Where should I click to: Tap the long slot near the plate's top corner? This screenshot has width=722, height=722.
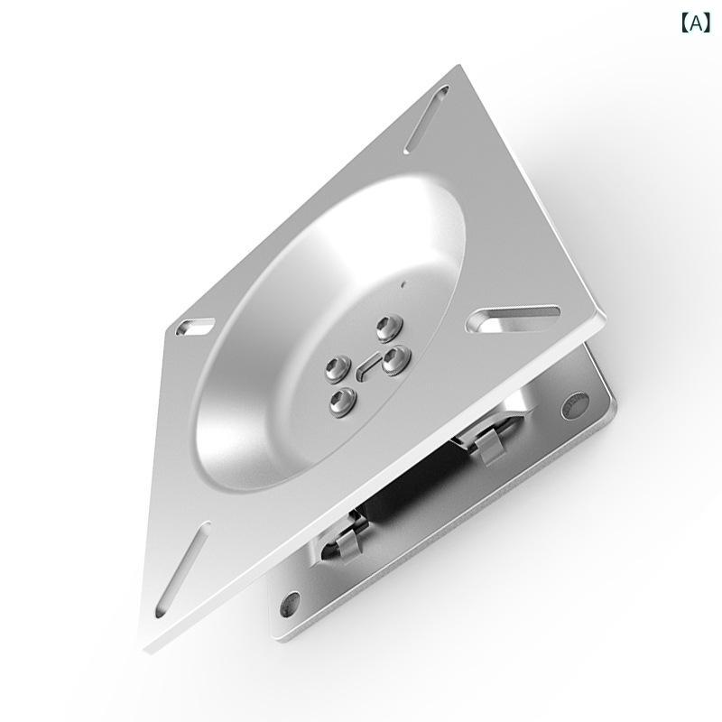426,120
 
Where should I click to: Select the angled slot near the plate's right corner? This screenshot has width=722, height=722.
513,319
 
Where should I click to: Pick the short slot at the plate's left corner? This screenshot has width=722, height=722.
195,327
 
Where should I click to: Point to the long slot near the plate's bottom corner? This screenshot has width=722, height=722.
183,569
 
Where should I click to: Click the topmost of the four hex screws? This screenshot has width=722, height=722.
389,329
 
